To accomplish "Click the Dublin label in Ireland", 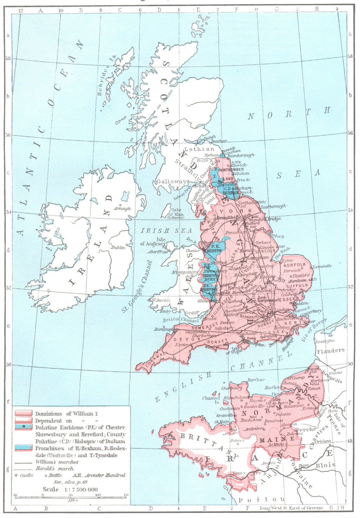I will coord(118,247).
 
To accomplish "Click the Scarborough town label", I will coord(273,206).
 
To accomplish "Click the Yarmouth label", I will coord(321,266).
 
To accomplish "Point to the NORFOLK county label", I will coord(295,265).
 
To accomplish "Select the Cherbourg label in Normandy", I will coord(231,388).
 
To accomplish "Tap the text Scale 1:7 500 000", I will coord(70,489).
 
